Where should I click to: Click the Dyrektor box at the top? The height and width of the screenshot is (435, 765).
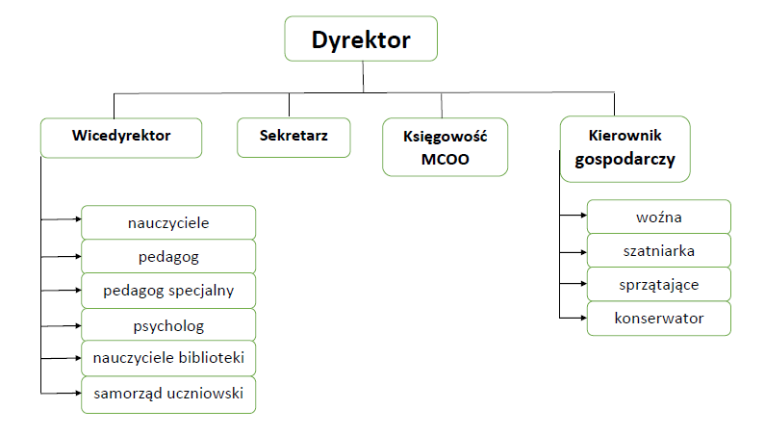[361, 40]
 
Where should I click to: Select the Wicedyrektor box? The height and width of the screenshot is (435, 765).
[121, 137]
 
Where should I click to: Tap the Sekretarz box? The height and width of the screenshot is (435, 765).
[293, 137]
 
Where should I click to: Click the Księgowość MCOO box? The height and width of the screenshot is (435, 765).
[445, 147]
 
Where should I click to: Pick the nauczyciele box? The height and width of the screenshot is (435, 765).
[168, 222]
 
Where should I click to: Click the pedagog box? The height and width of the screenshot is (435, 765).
[168, 256]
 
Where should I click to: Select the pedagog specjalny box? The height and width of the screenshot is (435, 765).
[168, 290]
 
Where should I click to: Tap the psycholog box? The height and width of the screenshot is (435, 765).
[168, 324]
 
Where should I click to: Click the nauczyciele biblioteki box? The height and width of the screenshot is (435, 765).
[168, 358]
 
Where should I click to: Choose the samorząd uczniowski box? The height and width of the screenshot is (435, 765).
[168, 393]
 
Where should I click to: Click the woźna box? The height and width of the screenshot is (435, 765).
[659, 217]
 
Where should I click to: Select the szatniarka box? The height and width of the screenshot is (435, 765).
[659, 250]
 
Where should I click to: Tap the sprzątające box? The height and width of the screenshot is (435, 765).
[659, 284]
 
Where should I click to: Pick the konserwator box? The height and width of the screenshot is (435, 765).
[659, 318]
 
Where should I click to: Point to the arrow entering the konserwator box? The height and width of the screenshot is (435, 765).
[574, 318]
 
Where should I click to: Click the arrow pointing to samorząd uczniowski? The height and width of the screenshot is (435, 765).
[63, 393]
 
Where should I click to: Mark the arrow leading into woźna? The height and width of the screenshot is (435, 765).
[574, 217]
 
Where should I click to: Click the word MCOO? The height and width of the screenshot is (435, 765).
[445, 160]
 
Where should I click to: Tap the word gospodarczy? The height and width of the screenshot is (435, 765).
[625, 161]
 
